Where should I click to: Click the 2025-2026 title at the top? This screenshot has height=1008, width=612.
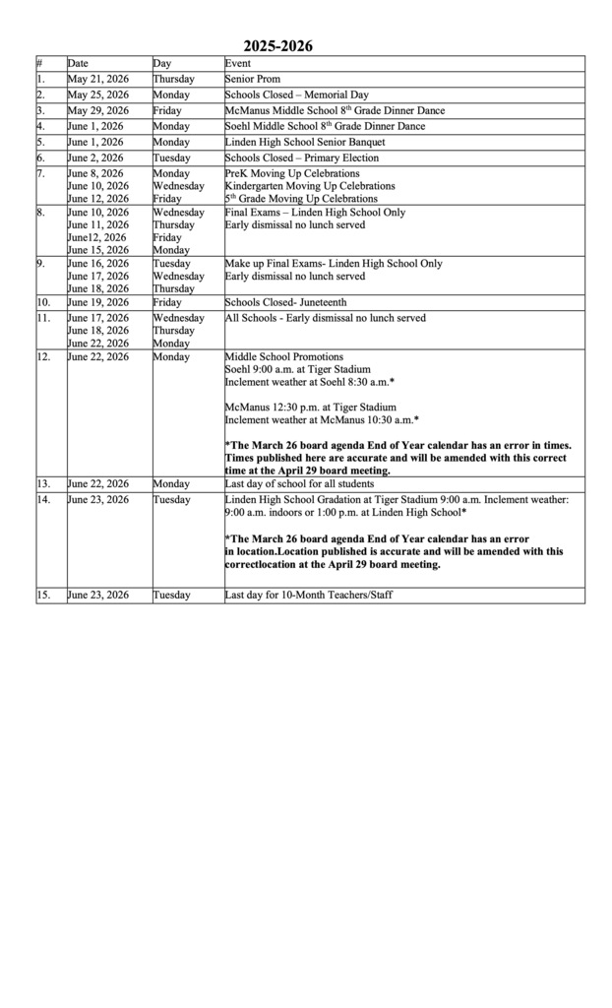pyautogui.click(x=278, y=46)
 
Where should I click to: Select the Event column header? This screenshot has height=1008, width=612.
pyautogui.click(x=238, y=64)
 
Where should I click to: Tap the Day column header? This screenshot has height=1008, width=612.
pyautogui.click(x=162, y=64)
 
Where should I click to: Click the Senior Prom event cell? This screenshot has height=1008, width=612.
pyautogui.click(x=253, y=80)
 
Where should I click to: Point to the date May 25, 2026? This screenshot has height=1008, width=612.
pyautogui.click(x=97, y=95)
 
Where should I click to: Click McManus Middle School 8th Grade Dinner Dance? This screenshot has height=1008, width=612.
pyautogui.click(x=335, y=111)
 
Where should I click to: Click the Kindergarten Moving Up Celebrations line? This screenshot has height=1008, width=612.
pyautogui.click(x=310, y=186)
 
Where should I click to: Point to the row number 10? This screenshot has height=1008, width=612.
pyautogui.click(x=44, y=303)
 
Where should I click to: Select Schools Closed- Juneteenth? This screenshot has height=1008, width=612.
pyautogui.click(x=285, y=303)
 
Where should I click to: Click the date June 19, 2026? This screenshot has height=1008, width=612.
pyautogui.click(x=97, y=303)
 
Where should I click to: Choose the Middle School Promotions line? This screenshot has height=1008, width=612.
pyautogui.click(x=284, y=357)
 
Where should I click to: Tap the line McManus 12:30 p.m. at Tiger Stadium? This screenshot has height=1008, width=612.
pyautogui.click(x=311, y=408)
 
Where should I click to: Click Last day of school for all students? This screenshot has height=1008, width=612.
pyautogui.click(x=299, y=484)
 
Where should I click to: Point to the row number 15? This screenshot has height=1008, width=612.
pyautogui.click(x=44, y=596)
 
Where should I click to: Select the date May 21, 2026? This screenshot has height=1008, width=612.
pyautogui.click(x=97, y=80)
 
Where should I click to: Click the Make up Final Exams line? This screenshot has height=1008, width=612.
pyautogui.click(x=334, y=264)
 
